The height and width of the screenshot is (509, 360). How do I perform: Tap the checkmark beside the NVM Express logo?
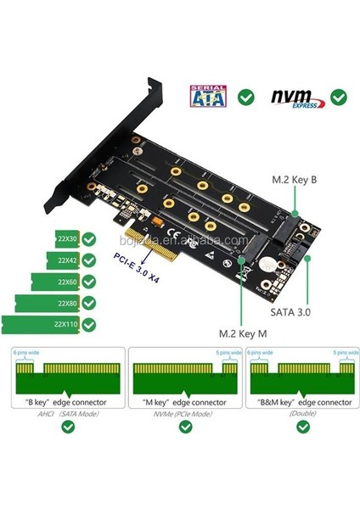338,97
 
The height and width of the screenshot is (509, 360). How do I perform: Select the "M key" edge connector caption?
181,400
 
